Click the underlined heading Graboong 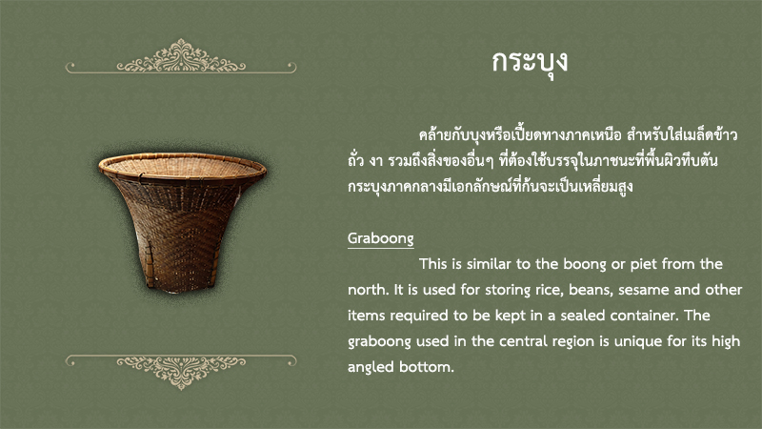[x=380, y=238]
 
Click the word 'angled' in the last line [x=371, y=368]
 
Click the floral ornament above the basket [x=181, y=57]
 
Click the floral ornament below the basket [x=181, y=371]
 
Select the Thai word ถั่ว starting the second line [x=356, y=159]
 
